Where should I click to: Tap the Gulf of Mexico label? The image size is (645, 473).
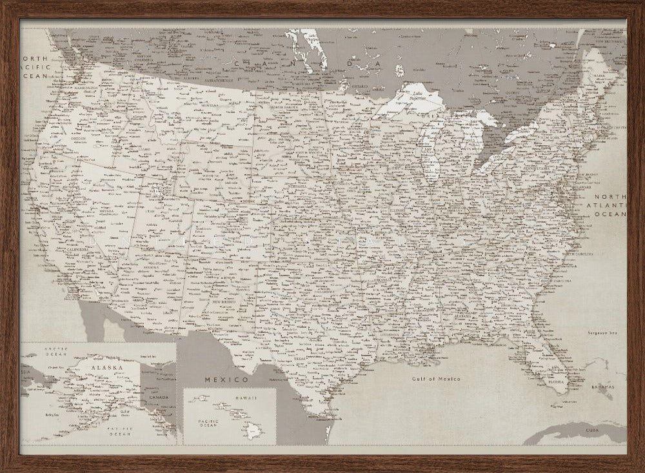(x=436, y=379)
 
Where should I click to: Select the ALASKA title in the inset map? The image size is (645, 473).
(x=106, y=367)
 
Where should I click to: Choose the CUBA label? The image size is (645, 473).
(x=591, y=429)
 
